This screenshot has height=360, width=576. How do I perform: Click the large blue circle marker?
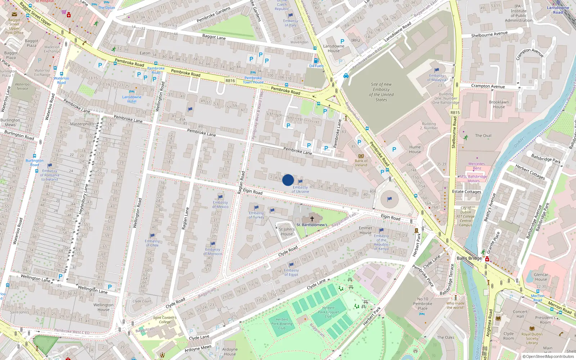(288, 180)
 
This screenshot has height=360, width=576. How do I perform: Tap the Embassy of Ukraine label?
(300, 189)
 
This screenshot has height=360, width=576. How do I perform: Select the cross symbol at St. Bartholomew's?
(312, 219)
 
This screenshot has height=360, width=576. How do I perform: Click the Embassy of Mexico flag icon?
(220, 197)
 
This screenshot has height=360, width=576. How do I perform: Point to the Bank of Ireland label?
(361, 163)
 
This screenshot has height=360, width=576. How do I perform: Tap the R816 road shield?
(230, 81)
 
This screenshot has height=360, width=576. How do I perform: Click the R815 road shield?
(455, 113)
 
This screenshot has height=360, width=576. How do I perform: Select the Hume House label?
(415, 149)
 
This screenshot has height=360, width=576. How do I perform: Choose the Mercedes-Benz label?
(477, 166)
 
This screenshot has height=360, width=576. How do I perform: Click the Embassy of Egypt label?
(291, 273)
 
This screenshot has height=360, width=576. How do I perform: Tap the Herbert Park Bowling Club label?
(282, 324)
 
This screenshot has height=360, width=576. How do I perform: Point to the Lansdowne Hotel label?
(132, 99)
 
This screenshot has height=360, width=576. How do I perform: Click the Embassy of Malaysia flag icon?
(437, 70)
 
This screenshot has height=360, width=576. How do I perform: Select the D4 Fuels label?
(316, 66)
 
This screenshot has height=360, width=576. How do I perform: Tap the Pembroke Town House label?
(253, 80)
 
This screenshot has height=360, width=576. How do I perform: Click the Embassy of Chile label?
(152, 243)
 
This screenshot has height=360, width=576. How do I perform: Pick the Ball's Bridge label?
(469, 258)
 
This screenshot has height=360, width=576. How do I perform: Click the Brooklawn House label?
(499, 104)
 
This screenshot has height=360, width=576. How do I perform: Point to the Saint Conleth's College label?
(165, 320)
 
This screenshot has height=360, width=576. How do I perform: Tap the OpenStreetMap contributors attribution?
(548, 357)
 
